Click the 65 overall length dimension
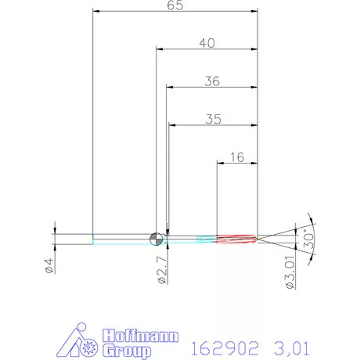click(x=175, y=5)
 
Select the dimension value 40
click(x=207, y=44)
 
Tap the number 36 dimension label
click(x=212, y=81)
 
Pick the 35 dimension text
click(x=213, y=119)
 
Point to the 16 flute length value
click(x=238, y=157)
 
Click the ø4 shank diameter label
click(x=49, y=265)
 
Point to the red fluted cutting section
click(x=236, y=238)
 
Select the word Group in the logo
click(x=125, y=347)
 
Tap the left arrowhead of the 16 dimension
click(x=219, y=163)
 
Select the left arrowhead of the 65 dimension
click(x=95, y=11)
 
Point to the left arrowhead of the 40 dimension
click(x=158, y=50)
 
